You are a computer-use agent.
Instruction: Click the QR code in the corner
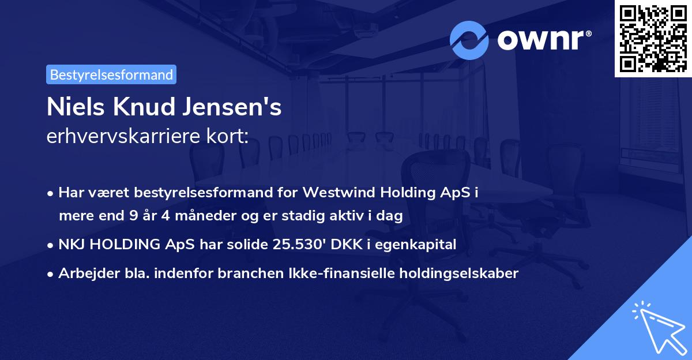[x=653, y=38]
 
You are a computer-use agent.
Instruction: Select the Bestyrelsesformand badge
[x=111, y=74]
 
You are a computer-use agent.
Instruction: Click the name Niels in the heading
[x=70, y=108]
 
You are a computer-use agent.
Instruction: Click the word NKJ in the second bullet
[x=72, y=245]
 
